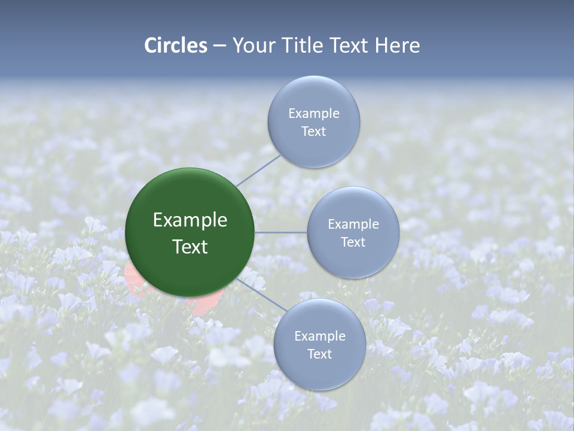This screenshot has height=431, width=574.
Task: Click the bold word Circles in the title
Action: pos(176,45)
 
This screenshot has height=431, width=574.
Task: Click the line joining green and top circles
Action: pos(258,169)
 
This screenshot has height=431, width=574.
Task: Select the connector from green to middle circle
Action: pos(281,232)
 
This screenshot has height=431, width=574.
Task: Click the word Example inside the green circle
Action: pos(190,220)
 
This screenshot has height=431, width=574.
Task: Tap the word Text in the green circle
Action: pos(190,247)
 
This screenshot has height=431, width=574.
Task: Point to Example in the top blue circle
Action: pos(313,114)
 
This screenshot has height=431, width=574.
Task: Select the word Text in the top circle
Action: pos(313,132)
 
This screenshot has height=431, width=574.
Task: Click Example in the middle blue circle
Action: pos(353,224)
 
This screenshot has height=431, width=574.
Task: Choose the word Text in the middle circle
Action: pos(353,242)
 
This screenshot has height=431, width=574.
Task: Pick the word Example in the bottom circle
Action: pos(319,336)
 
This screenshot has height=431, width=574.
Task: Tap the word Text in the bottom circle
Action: pos(319,354)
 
